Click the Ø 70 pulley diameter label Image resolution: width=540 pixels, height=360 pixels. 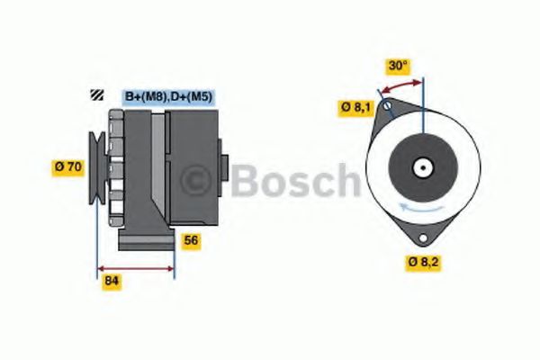(x=69, y=166)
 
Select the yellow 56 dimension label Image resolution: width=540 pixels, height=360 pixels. (x=190, y=240)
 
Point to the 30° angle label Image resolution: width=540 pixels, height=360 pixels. (x=397, y=66)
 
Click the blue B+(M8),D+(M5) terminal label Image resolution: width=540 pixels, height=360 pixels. (x=167, y=96)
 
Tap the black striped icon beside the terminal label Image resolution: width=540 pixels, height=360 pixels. (x=95, y=95)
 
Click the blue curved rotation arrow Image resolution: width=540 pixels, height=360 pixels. (x=423, y=208)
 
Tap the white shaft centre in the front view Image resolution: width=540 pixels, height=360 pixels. (x=421, y=167)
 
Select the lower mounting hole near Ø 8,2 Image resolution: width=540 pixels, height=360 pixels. (x=419, y=235)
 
